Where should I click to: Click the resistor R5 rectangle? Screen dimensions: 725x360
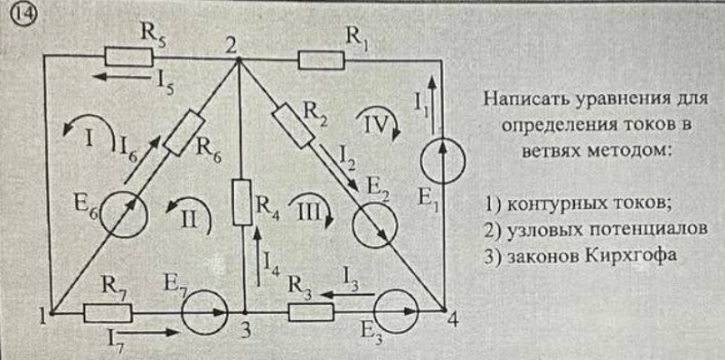(128, 57)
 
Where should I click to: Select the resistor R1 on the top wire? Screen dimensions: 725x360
(321, 61)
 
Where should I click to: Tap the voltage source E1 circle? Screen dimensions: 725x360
(442, 161)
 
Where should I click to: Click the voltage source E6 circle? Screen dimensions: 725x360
(124, 215)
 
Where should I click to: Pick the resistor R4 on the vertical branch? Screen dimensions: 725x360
(242, 203)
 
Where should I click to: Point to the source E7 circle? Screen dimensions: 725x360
(204, 312)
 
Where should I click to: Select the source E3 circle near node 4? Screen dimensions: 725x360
(396, 311)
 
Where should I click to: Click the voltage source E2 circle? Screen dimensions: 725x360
(374, 225)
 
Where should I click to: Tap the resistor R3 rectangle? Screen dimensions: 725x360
(311, 312)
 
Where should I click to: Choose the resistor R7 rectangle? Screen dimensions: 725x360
(108, 313)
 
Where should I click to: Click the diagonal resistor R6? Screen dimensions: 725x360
(184, 133)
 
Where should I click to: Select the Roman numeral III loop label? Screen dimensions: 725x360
(305, 212)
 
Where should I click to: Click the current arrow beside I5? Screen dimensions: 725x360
(122, 77)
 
